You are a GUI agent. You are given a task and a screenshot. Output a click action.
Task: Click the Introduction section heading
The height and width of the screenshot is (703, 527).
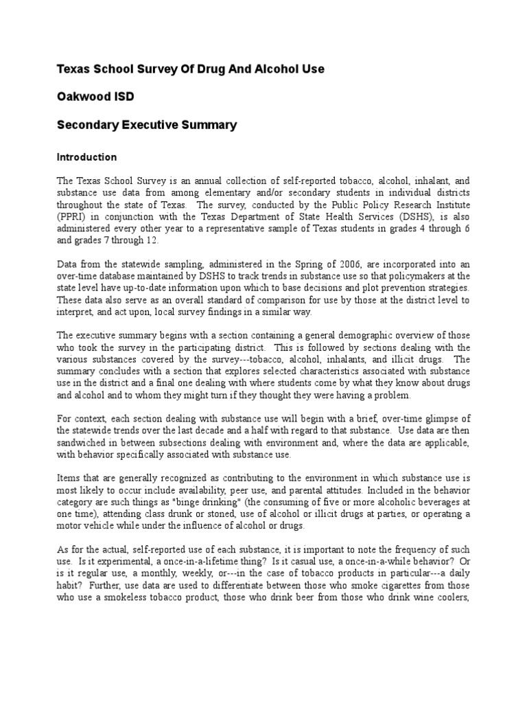86,157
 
